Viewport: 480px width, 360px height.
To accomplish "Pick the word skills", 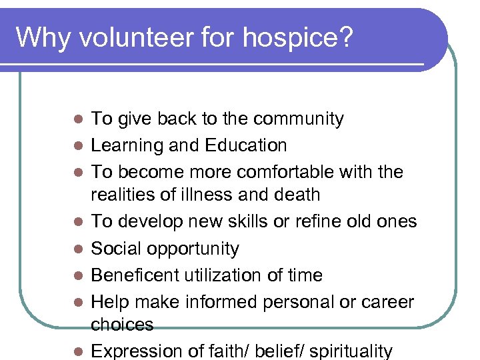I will [257, 221].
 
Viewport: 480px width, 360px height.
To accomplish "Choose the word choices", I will [122, 325].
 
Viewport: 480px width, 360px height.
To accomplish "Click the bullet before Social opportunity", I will [77, 249].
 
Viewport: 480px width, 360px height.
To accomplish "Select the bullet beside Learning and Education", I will [77, 145].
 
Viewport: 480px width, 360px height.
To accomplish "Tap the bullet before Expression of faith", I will [77, 351].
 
